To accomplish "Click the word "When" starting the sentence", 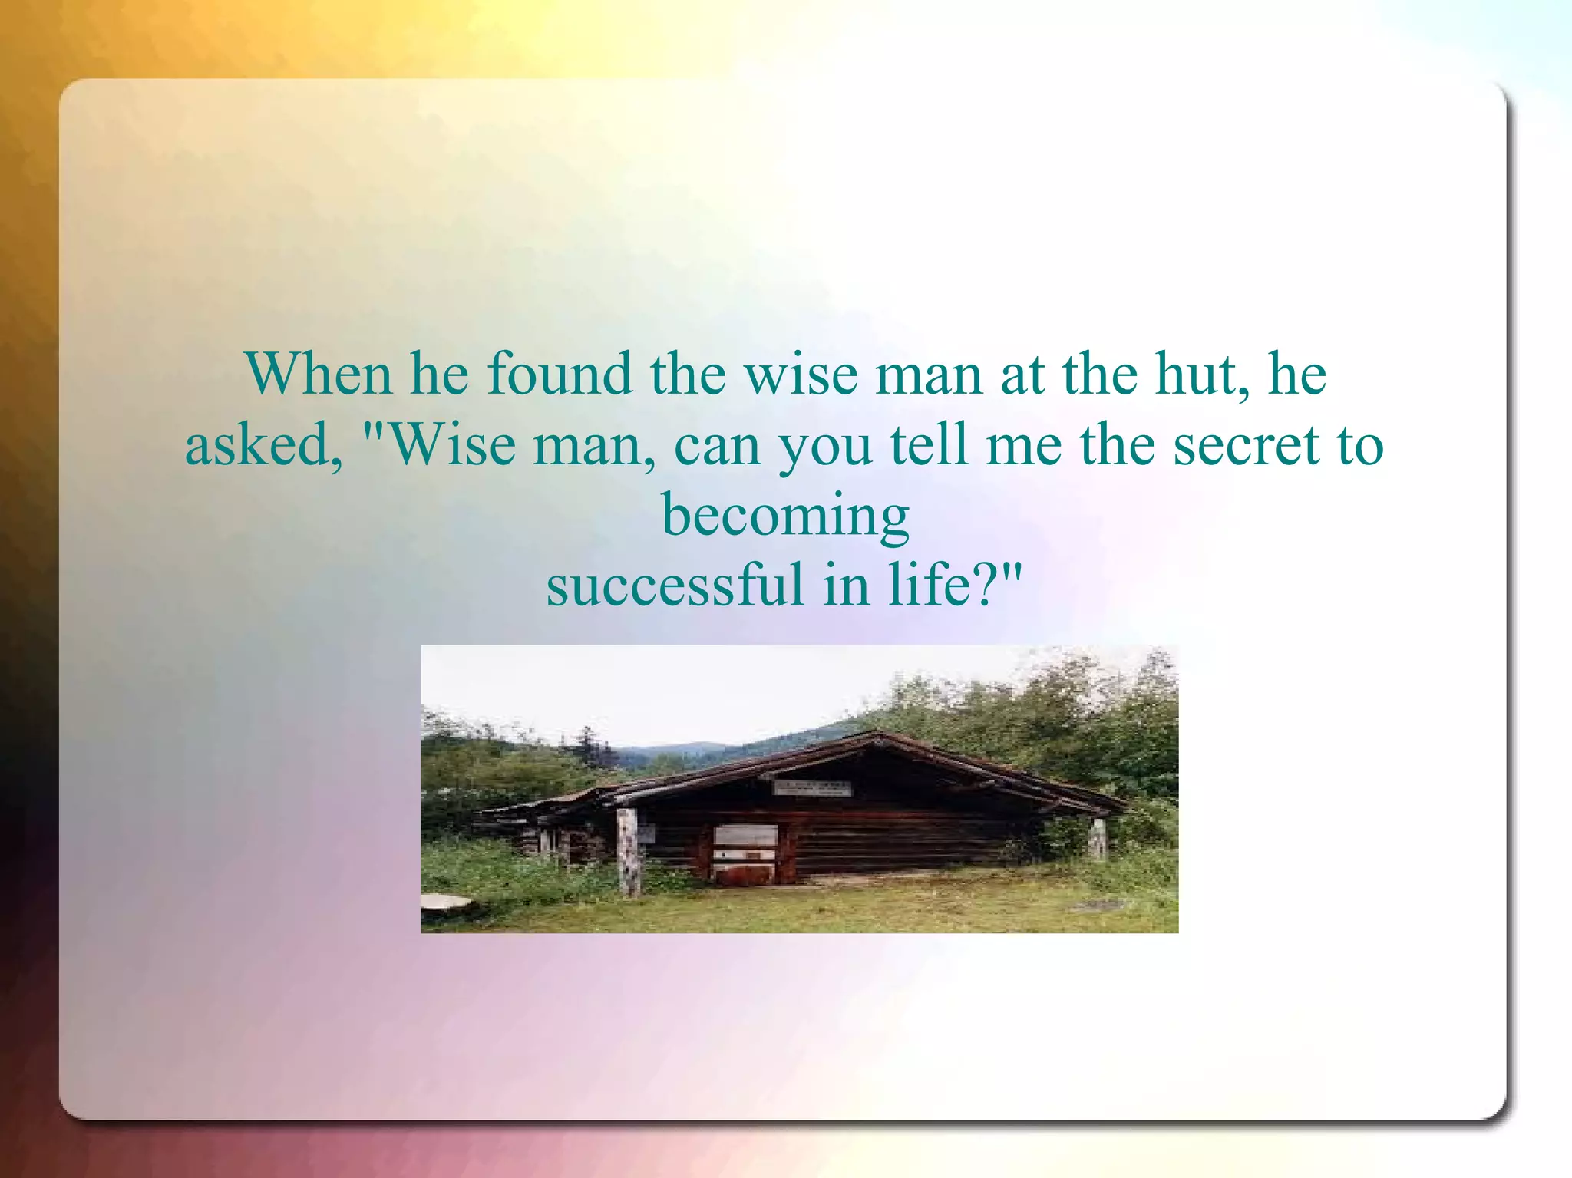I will click(x=319, y=374).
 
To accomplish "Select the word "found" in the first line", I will click(x=560, y=374).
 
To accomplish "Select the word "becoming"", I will click(x=785, y=516).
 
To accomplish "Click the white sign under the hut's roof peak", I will click(x=811, y=787).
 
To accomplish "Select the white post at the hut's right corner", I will click(x=1098, y=838).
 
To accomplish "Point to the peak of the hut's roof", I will click(x=874, y=734).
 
